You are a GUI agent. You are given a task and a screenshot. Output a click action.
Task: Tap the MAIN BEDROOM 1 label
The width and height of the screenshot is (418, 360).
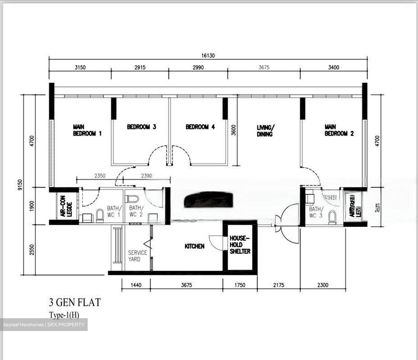tap(87, 130)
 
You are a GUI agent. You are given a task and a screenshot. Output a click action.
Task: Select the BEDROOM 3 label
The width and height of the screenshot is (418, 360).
tap(141, 127)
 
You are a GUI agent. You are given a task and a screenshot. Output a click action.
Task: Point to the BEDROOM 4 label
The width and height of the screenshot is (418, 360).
tap(200, 127)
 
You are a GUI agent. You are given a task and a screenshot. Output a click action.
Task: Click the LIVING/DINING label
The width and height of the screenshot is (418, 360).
tap(264, 131)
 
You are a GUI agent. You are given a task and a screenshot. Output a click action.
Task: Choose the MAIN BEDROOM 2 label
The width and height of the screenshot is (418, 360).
tap(339, 130)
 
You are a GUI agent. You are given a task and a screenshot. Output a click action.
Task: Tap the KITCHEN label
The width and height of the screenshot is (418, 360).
tap(194, 246)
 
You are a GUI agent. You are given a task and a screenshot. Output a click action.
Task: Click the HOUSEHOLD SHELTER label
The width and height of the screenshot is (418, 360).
tap(240, 245)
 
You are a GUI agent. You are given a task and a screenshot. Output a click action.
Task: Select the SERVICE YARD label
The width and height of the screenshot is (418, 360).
tap(138, 256)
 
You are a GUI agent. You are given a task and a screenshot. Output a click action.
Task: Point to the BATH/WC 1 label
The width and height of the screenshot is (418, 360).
tap(113, 211)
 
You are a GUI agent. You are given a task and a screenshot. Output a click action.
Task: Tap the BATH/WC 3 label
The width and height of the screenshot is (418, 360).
tap(315, 212)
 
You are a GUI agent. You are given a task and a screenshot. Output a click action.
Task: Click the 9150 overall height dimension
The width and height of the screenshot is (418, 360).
tap(20, 185)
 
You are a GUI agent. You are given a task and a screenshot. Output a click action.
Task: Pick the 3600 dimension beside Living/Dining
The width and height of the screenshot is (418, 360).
tap(234, 130)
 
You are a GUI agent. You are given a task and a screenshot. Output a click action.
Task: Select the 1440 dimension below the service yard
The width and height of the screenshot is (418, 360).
tap(136, 285)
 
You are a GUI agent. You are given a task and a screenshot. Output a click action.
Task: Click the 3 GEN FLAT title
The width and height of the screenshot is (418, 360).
tap(75, 303)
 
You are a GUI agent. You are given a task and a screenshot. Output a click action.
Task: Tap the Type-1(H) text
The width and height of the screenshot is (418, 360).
tap(64, 315)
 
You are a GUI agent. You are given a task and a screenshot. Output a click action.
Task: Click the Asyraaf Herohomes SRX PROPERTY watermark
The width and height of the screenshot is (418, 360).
tap(44, 325)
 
